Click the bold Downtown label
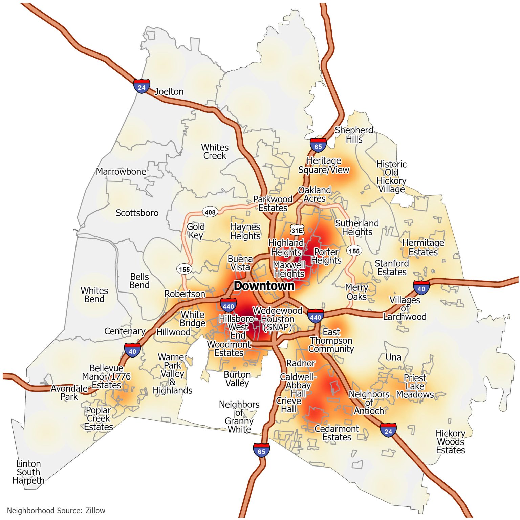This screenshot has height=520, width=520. (x=264, y=286)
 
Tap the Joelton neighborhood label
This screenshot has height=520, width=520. (x=169, y=92)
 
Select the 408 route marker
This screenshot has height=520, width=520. (x=210, y=212)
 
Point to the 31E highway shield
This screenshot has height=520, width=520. (x=297, y=231)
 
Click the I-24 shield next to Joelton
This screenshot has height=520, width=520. (x=142, y=86)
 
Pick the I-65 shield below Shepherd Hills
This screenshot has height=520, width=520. (x=318, y=145)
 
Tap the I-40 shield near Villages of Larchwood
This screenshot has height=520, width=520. (x=421, y=288)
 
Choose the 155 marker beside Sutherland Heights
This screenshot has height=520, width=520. (x=354, y=251)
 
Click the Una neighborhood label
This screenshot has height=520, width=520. (x=393, y=357)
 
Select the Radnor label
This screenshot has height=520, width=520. (x=301, y=363)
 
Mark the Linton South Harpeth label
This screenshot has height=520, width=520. (x=28, y=472)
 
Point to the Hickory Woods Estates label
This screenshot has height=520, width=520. (x=450, y=442)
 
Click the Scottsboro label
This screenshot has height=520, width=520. (x=137, y=213)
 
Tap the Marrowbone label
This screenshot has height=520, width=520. (x=121, y=172)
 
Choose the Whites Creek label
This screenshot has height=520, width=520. (x=215, y=152)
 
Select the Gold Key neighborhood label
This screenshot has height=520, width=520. (x=196, y=231)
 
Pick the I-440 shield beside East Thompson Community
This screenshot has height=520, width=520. (x=315, y=316)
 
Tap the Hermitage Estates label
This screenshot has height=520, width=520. (x=423, y=247)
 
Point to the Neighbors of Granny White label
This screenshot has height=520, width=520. (x=239, y=417)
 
